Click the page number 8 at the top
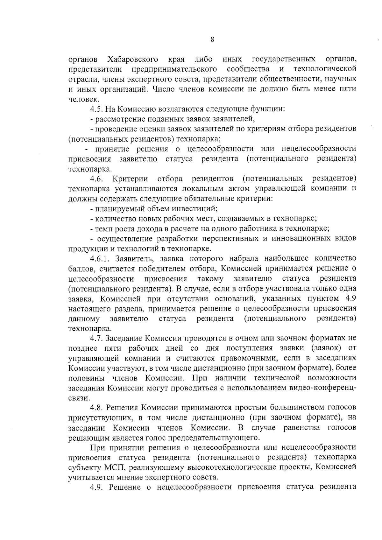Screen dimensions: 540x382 pos(212,39)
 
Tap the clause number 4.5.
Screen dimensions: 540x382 pos(96,109)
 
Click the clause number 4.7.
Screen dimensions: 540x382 pos(96,338)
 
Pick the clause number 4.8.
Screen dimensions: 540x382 pos(96,407)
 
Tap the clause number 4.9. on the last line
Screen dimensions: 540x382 pos(97,487)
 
